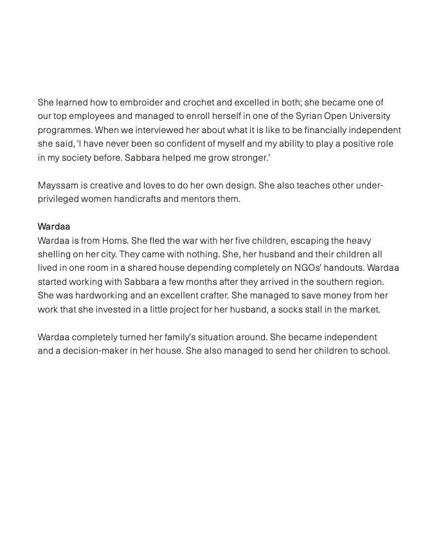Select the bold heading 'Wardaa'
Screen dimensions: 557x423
53,226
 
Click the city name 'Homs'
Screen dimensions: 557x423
115,241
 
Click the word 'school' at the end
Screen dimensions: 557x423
375,351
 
